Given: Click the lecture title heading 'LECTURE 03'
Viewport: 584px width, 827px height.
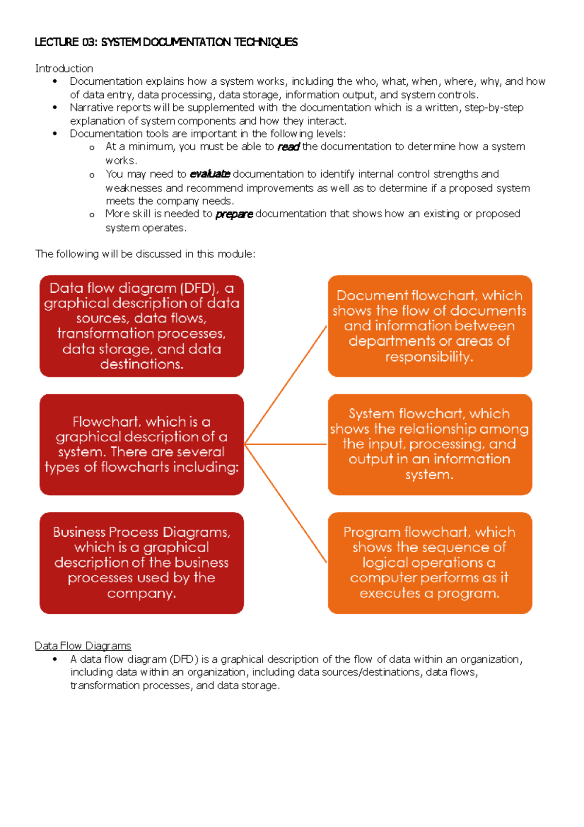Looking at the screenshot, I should point(165,42).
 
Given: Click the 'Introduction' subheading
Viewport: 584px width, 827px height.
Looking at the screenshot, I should point(64,69).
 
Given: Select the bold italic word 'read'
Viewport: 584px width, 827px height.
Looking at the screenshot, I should point(288,147).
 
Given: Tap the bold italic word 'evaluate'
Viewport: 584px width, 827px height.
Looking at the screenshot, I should point(209,174).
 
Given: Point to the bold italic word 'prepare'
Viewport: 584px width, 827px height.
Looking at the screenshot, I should point(234,214).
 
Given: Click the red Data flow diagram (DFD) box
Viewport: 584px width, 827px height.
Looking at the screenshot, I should point(142,326).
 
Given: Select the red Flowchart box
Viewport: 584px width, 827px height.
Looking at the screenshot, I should point(142,444).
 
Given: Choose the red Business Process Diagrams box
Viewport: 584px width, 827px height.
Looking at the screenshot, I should point(142,563).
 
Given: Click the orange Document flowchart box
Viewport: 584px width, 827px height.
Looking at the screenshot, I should point(430,326).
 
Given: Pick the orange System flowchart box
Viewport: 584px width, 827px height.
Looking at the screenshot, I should point(430,444).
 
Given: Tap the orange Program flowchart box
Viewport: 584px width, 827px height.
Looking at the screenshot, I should point(430,563).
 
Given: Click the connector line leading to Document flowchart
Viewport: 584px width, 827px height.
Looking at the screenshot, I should point(286,385).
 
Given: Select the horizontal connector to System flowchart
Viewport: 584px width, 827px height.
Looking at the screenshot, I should point(286,444).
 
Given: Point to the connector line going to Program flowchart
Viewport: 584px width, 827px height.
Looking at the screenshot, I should point(286,504).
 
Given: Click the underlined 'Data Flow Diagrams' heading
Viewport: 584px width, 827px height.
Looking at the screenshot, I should point(83,646).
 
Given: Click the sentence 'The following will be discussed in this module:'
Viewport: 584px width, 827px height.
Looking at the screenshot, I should point(145,254).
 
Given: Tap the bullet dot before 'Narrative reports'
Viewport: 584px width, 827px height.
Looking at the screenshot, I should point(55,108).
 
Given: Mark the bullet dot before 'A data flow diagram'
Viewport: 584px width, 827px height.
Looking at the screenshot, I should point(55,659).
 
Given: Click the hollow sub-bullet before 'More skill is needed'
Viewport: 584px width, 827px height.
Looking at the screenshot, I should point(92,215).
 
